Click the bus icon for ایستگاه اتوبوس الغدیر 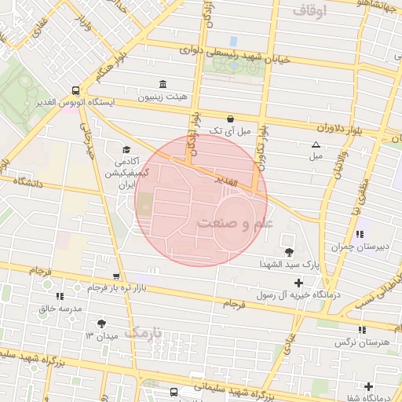(x=75, y=90)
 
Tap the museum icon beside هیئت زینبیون (x=163, y=84)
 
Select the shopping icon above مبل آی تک (x=229, y=119)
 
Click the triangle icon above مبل (x=316, y=144)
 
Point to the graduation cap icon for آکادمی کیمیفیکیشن (x=126, y=149)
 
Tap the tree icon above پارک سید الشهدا (x=290, y=252)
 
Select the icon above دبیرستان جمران (x=360, y=234)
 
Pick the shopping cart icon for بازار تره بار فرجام (x=117, y=276)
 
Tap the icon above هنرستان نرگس (x=361, y=330)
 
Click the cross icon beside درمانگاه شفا (x=391, y=386)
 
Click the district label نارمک (x=145, y=333)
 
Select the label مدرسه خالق (x=60, y=309)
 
